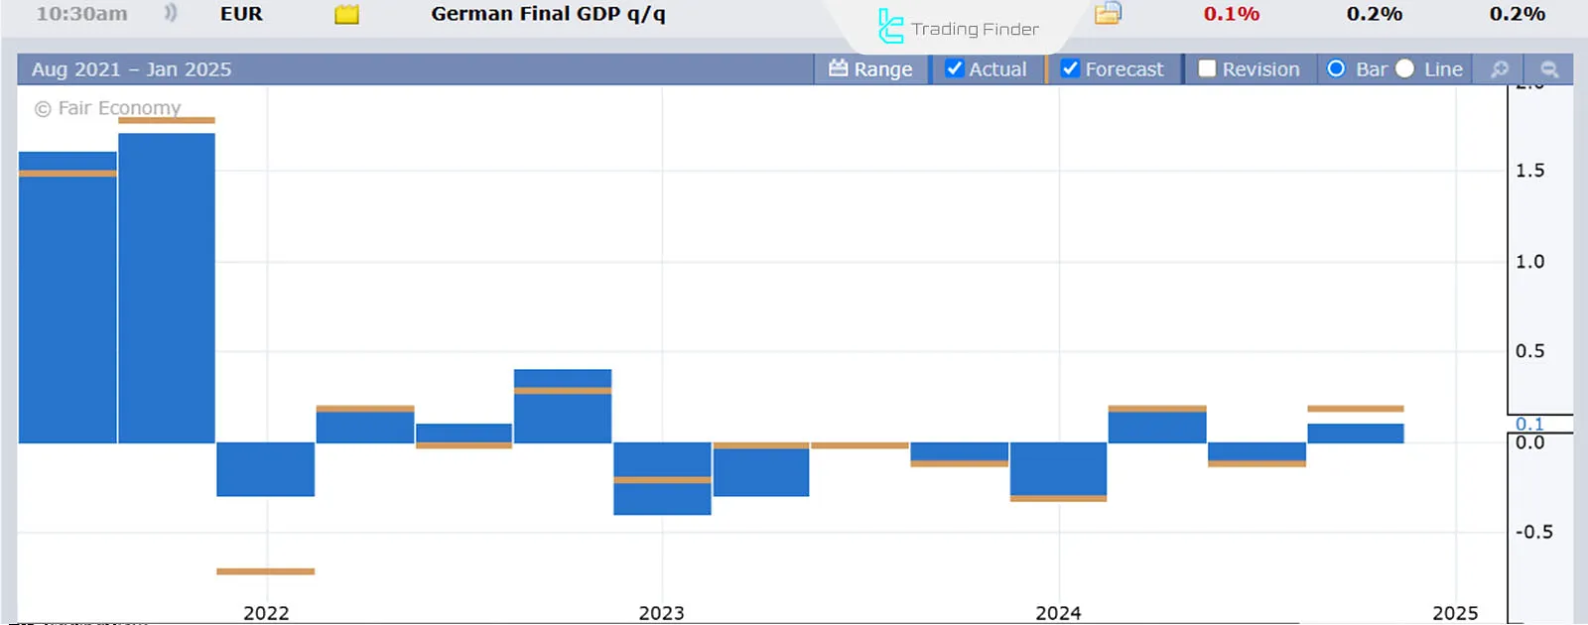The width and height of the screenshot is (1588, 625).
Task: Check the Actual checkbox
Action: pyautogui.click(x=955, y=68)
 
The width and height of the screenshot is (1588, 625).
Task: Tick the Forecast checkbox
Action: pyautogui.click(x=1070, y=68)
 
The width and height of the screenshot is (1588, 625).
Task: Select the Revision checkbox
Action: pyautogui.click(x=1207, y=68)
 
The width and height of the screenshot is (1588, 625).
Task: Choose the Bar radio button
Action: pyautogui.click(x=1336, y=68)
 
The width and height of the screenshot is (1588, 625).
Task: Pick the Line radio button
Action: pyautogui.click(x=1405, y=68)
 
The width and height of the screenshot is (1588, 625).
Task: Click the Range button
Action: pyautogui.click(x=870, y=68)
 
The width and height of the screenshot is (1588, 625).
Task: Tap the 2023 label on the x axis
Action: pyautogui.click(x=661, y=613)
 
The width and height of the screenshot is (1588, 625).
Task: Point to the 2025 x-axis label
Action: pyautogui.click(x=1455, y=613)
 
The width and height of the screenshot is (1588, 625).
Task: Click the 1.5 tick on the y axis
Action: pyautogui.click(x=1529, y=171)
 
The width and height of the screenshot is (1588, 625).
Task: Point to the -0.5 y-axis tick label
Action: pyautogui.click(x=1533, y=532)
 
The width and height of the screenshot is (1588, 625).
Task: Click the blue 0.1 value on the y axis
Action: pyautogui.click(x=1529, y=424)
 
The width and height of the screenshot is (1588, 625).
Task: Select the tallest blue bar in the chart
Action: pyautogui.click(x=167, y=288)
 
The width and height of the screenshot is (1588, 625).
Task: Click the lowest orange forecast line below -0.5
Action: pyautogui.click(x=265, y=571)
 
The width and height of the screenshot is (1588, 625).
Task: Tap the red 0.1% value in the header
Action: pyautogui.click(x=1231, y=14)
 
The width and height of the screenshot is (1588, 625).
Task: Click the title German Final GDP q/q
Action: pyautogui.click(x=548, y=14)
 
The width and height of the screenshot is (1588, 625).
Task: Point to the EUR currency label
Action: pyautogui.click(x=241, y=14)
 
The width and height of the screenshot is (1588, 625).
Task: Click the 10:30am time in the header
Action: pyautogui.click(x=81, y=14)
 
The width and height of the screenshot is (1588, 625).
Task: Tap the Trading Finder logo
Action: pyautogui.click(x=958, y=28)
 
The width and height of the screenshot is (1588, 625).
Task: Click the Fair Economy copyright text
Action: pyautogui.click(x=109, y=108)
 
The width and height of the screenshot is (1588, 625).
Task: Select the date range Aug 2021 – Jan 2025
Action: pyautogui.click(x=131, y=69)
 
